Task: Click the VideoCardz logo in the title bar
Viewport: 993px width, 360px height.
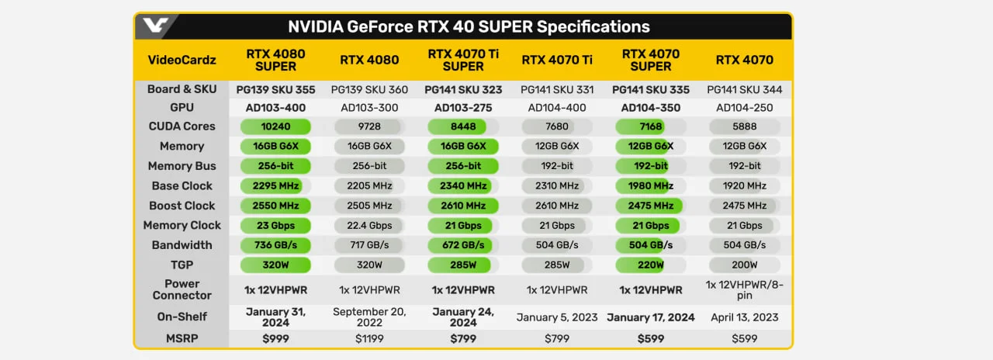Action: point(153,26)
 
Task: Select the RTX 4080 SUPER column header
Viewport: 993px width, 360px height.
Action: point(275,60)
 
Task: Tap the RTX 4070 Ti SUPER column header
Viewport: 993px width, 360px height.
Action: point(463,60)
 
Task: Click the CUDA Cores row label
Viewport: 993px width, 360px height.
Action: point(182,126)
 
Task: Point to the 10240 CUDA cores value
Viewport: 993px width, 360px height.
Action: point(275,126)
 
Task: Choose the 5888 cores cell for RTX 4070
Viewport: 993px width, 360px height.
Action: point(745,126)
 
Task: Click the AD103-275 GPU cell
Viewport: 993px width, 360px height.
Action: point(463,108)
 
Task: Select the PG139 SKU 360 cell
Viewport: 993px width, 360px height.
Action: point(369,89)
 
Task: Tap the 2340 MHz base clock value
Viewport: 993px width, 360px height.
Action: point(463,186)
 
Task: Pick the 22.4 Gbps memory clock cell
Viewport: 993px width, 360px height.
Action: point(369,226)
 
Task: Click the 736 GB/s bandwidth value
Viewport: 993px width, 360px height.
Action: point(275,245)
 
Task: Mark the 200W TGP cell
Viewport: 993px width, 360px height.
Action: point(745,265)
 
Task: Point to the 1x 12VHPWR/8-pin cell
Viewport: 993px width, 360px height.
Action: point(745,289)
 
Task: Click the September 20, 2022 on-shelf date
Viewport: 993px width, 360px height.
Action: point(369,317)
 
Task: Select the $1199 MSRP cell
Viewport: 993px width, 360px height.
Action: point(369,339)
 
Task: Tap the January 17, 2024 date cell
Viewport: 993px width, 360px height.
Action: point(651,317)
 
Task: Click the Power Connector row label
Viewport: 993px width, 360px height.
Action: point(182,289)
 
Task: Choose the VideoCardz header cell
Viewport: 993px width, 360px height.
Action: point(182,60)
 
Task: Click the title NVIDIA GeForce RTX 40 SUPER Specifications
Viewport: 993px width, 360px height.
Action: point(469,26)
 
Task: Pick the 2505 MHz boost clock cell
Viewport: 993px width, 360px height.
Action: point(369,206)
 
